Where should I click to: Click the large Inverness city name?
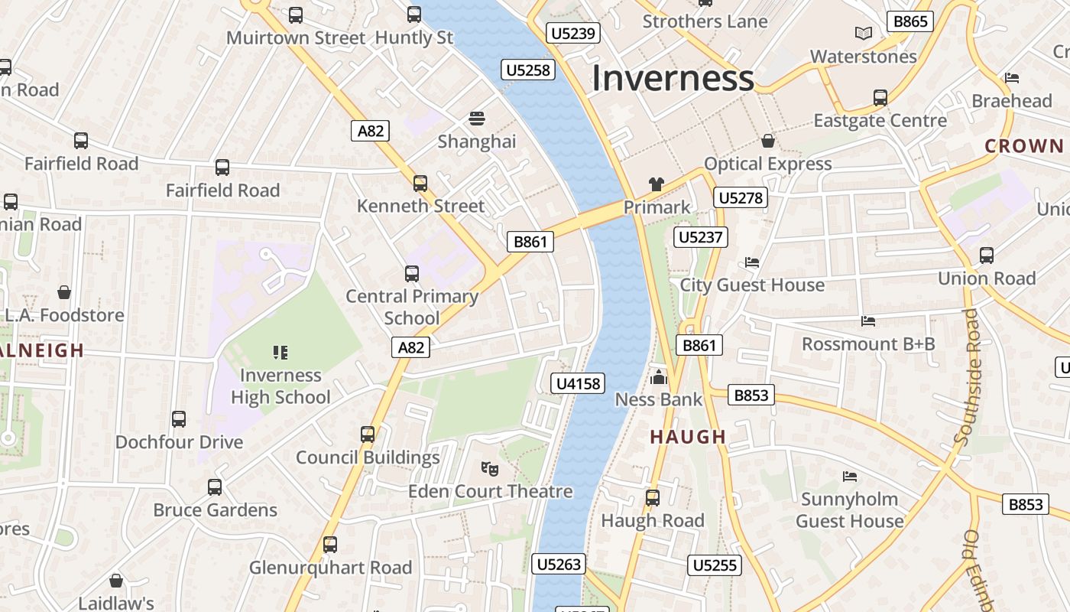pos(673,78)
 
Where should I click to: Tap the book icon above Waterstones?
pos(863,33)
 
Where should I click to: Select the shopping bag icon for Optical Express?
pos(768,141)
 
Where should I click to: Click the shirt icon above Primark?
pos(657,184)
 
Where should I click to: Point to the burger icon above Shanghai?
pos(477,119)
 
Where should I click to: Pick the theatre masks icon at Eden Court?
pos(490,467)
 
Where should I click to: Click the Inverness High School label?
pos(280,386)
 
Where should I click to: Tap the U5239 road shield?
pos(573,33)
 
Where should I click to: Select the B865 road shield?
pos(910,21)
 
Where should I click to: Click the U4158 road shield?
pos(579,383)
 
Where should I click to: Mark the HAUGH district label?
pos(688,437)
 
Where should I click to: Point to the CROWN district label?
pos(1023,146)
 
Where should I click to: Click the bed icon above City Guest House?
pos(752,262)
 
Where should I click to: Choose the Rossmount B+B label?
pos(868,344)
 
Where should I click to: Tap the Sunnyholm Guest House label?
pos(849,510)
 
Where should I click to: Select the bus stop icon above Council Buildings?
pos(368,435)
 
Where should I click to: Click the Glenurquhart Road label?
pos(330,568)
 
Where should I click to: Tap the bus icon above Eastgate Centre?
pos(880,98)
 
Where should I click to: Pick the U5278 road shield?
pos(741,198)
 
